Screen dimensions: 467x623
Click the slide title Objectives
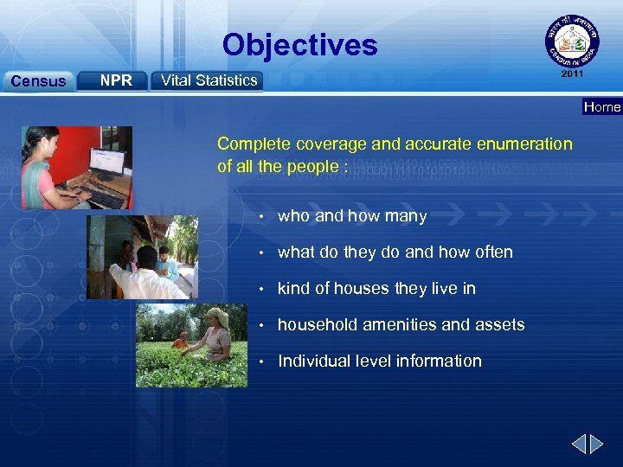pos(299,45)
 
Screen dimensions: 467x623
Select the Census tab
pos(37,81)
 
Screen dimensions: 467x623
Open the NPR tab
pos(115,80)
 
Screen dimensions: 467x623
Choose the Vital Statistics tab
pos(209,80)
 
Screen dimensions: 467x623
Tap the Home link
pos(601,107)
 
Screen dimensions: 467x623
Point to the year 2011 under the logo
pos(571,74)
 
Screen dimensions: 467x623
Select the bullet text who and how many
pos(351,216)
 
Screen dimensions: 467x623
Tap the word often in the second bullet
pos(493,253)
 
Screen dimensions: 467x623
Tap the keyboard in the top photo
pos(104,199)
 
